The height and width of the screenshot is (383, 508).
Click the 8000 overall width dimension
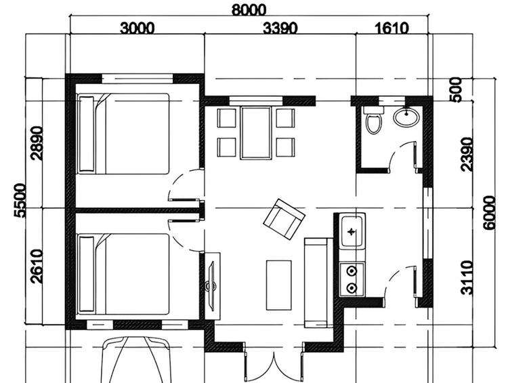248,9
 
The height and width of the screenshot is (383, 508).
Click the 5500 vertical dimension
20,200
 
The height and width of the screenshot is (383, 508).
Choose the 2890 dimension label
37,144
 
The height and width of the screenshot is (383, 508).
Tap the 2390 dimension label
467,154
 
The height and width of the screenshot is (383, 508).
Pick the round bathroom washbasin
406,117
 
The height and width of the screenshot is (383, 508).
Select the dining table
256,132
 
